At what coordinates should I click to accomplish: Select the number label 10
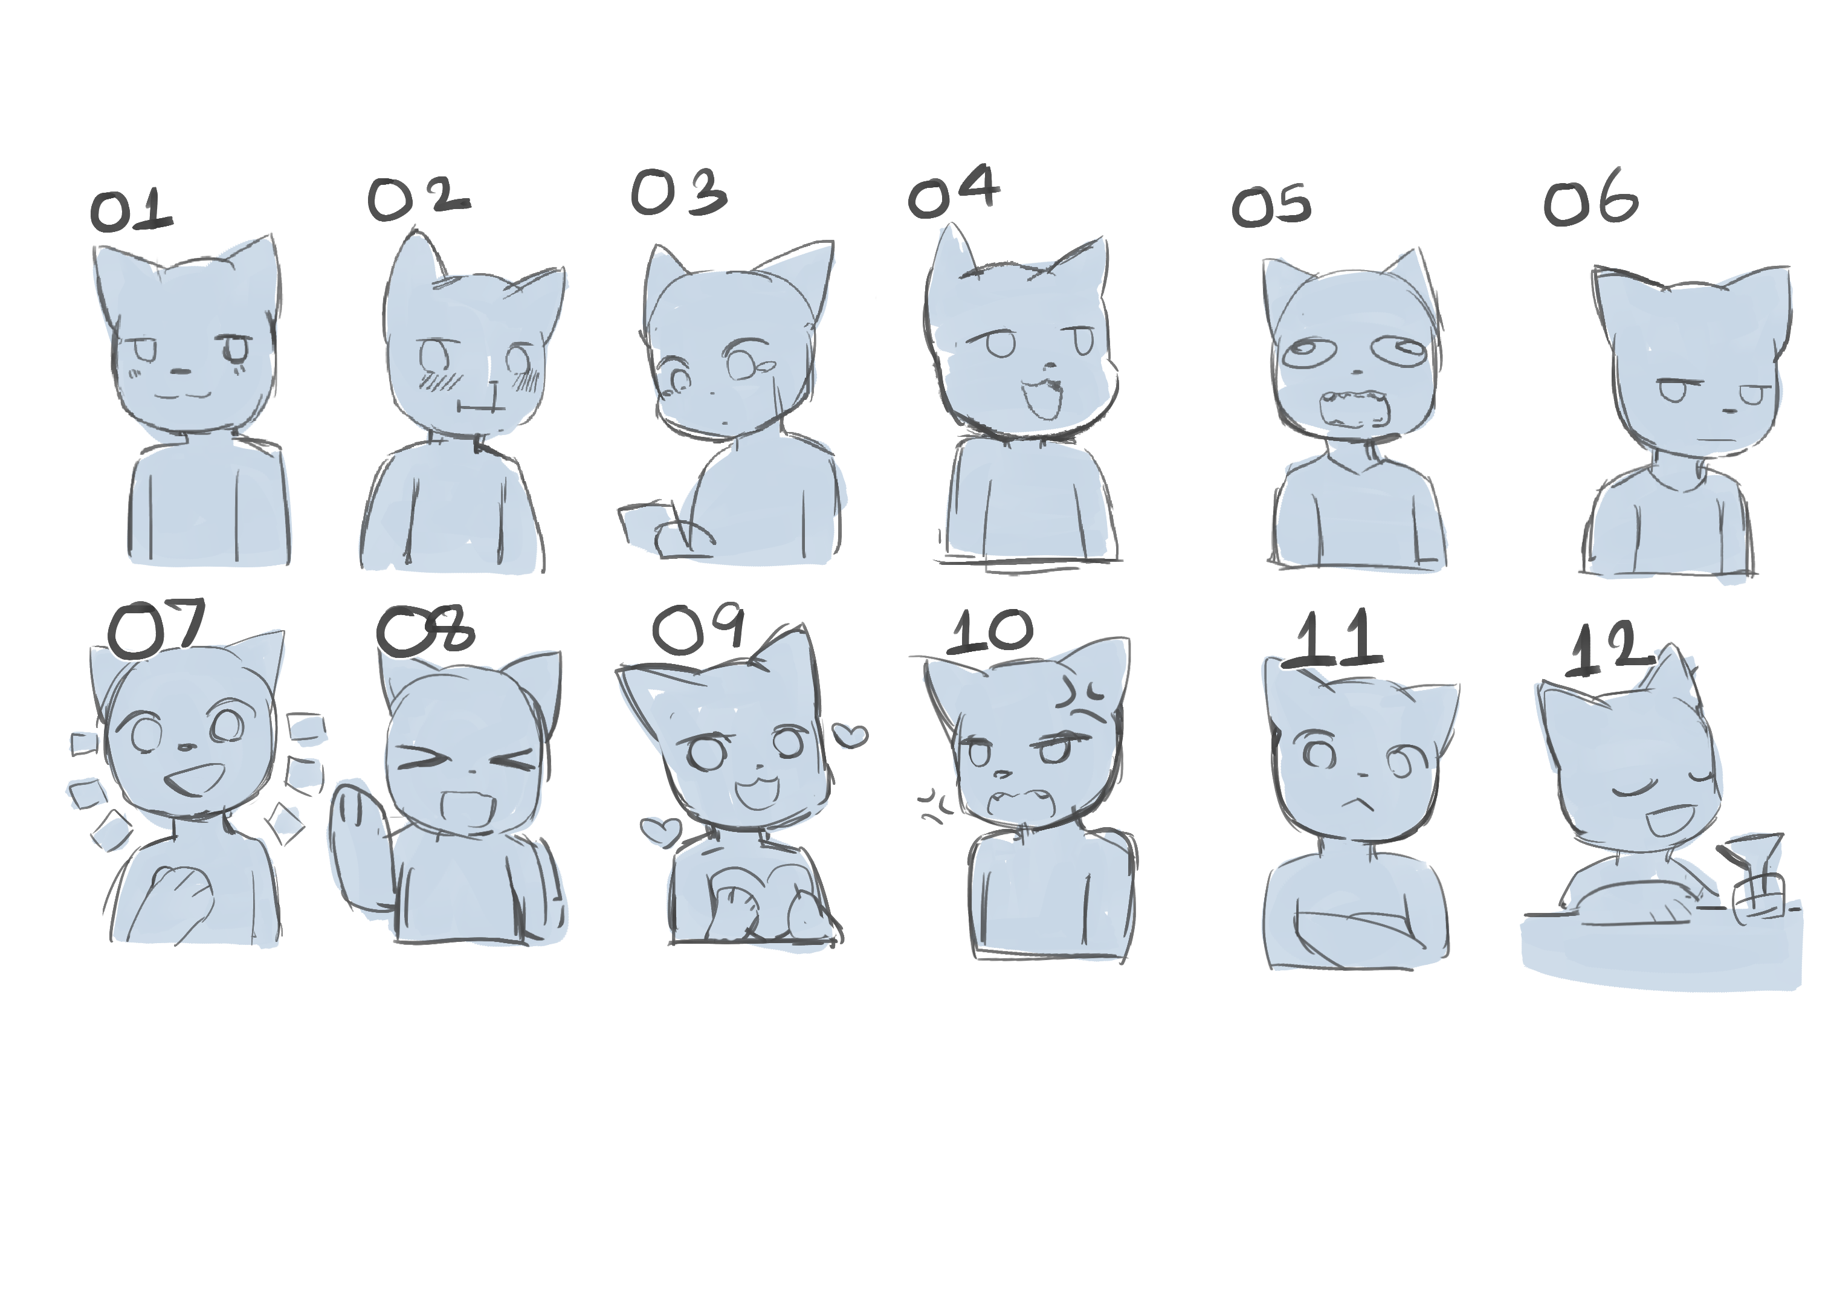[990, 631]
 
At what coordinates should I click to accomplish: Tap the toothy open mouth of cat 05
[1354, 410]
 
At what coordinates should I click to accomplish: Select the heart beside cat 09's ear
[850, 734]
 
